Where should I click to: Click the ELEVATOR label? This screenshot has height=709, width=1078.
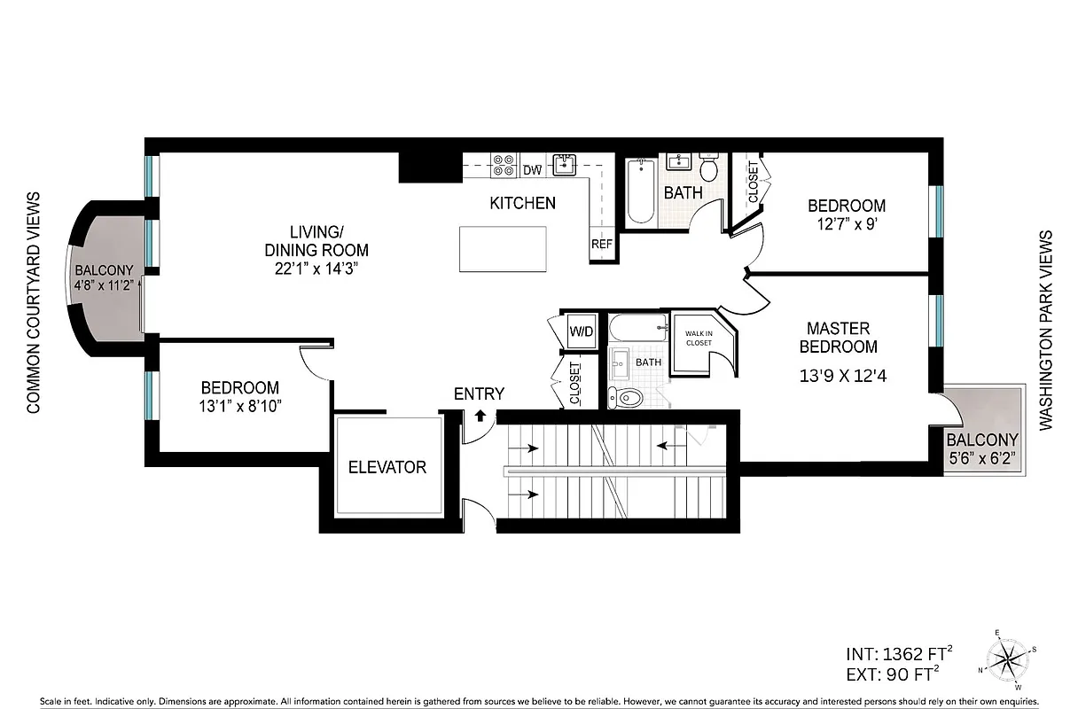tap(387, 467)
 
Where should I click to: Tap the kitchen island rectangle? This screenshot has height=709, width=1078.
tap(503, 249)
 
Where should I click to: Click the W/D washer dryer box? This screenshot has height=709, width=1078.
tap(582, 332)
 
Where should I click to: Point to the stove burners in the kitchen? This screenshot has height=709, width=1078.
tap(504, 166)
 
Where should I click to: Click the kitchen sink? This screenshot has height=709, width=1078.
tap(564, 164)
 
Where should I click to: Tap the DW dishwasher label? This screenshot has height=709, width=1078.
tap(532, 170)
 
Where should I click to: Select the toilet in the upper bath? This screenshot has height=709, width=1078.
tap(709, 168)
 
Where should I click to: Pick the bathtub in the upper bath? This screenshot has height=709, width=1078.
tap(640, 191)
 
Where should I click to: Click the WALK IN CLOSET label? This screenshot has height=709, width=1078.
tap(699, 338)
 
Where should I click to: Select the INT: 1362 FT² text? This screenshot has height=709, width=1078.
tap(900, 655)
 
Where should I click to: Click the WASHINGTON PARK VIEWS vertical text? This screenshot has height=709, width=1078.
tap(1046, 331)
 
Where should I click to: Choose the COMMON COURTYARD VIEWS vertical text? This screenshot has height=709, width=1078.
tap(34, 303)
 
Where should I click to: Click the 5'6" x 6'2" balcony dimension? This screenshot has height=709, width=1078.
tap(981, 459)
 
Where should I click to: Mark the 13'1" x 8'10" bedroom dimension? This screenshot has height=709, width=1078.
tap(239, 407)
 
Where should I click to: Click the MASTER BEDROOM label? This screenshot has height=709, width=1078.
tap(839, 338)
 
